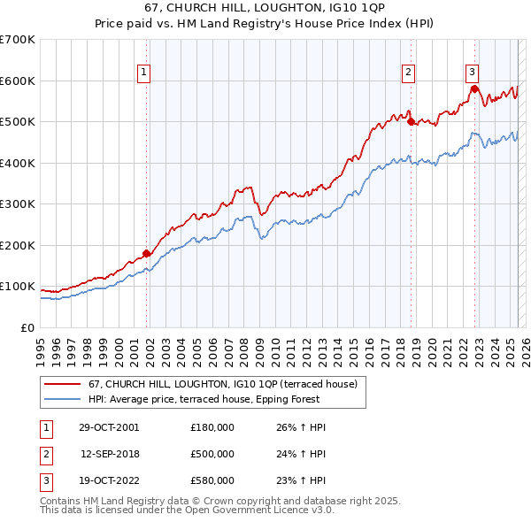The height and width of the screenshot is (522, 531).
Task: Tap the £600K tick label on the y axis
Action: point(18,81)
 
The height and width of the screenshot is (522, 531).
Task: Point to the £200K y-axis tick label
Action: point(18,245)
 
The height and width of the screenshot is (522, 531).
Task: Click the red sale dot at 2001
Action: point(147,254)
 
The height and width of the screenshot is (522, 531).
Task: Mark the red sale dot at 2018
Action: point(411,122)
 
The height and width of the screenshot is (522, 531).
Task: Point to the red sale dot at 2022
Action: point(475,88)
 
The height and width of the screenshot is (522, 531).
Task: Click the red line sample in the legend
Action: point(62,384)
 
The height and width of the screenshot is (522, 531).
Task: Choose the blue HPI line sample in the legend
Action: point(62,399)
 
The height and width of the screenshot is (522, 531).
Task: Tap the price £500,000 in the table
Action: point(212,453)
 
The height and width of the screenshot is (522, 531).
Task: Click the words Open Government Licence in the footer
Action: point(258,510)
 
